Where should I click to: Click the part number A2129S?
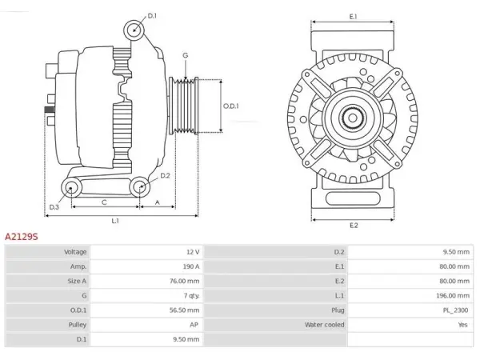pos(22,237)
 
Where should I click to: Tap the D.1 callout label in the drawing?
pos(152,16)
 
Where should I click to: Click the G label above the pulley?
pos(186,55)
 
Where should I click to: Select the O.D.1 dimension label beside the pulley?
pos(231,106)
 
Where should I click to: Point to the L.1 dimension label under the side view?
pos(115,221)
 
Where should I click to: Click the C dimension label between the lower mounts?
pos(104,202)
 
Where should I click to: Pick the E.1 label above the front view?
pos(354,17)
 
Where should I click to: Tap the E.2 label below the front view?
pos(354,226)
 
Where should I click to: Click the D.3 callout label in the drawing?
pos(54,207)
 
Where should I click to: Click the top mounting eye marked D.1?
pos(134,30)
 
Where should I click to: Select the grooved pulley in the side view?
pos(184,106)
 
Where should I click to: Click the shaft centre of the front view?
pos(352,118)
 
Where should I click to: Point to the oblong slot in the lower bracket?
pos(353,198)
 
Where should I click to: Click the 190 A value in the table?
pos(191,266)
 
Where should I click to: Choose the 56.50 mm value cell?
pos(184,310)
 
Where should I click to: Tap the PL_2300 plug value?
pos(455,310)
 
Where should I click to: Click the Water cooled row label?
pos(325,325)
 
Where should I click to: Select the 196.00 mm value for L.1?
pos(453,296)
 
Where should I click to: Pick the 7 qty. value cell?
pos(192,296)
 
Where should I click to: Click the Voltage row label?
pos(75,252)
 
